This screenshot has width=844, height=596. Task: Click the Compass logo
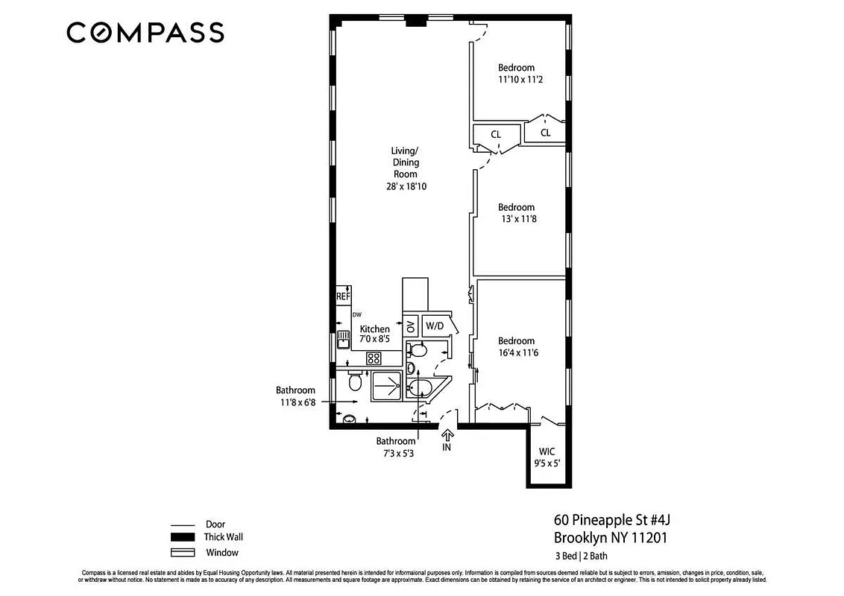(145, 33)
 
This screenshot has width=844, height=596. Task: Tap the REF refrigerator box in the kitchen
(343, 296)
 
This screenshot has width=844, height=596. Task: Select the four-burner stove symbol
(373, 358)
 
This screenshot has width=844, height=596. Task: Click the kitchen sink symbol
(343, 340)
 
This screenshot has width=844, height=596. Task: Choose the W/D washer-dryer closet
(434, 326)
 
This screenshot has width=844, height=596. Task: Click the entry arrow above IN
(447, 435)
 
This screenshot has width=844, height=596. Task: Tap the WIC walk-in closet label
(547, 451)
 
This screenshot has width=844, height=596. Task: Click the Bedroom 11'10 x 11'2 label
(520, 73)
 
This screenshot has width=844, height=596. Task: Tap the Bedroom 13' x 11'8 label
(516, 213)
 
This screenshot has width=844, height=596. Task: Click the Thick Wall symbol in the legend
(183, 537)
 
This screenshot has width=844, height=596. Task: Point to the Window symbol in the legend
(183, 552)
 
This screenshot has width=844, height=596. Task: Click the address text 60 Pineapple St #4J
(616, 519)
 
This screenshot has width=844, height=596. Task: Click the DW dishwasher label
(357, 315)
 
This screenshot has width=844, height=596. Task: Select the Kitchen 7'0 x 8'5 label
(374, 334)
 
